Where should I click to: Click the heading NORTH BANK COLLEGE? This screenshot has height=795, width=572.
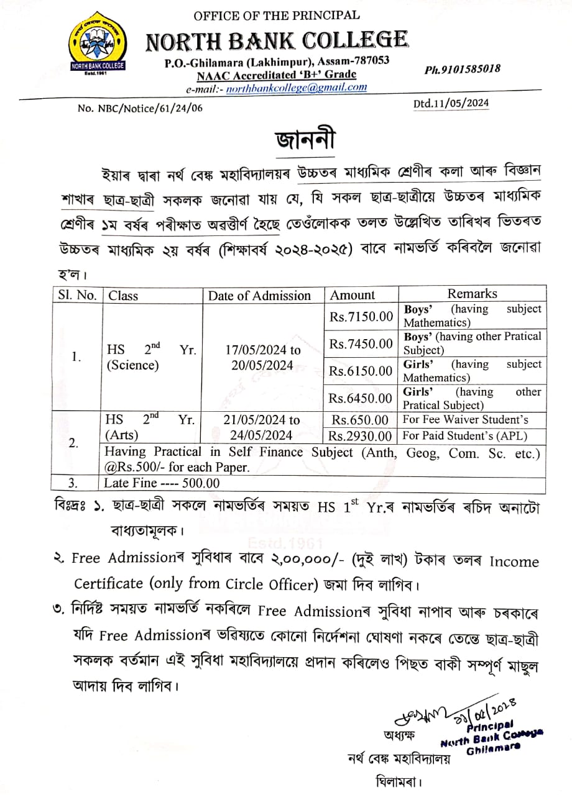(277, 41)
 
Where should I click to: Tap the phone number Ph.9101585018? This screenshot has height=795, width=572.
(462, 69)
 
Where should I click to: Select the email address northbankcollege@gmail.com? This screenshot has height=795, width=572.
(296, 88)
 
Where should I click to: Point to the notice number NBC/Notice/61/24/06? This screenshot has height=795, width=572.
(141, 108)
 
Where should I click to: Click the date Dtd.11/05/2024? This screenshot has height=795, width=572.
(451, 104)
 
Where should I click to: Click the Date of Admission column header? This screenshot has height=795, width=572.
(259, 296)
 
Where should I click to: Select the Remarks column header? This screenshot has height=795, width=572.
(473, 294)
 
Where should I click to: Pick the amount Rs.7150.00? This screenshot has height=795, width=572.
(361, 317)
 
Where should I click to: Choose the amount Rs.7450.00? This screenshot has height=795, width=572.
(361, 343)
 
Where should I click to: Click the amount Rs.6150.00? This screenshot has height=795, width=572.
(361, 371)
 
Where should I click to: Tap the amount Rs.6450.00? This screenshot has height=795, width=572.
(361, 397)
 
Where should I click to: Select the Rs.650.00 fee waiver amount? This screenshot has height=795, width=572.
(361, 420)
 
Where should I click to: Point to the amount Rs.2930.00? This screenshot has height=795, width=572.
(361, 436)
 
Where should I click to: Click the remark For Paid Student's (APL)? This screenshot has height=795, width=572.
(465, 436)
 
